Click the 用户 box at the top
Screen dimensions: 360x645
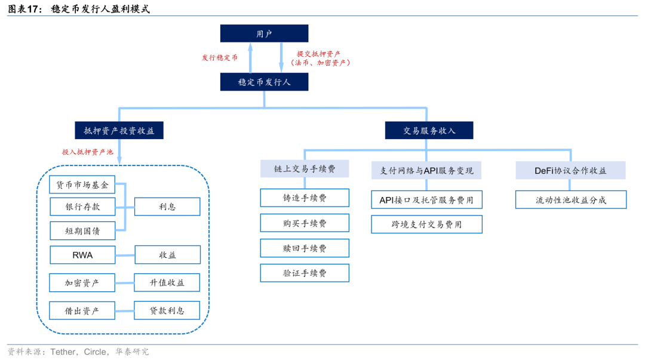click(264, 33)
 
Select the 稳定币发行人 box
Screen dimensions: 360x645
click(264, 82)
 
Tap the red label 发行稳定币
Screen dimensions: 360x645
click(219, 58)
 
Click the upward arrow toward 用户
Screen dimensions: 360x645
click(250, 57)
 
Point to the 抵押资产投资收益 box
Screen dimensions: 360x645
click(119, 130)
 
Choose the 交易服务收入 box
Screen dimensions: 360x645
click(429, 130)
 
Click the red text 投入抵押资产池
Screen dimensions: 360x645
click(87, 152)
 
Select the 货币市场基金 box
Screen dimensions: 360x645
click(82, 185)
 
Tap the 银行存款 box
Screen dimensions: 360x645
click(82, 207)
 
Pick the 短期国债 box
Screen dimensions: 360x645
click(82, 230)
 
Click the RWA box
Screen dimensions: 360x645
click(82, 255)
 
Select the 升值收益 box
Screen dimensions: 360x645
click(167, 282)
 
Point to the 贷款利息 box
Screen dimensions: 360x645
click(167, 310)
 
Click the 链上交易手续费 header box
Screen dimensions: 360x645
click(305, 169)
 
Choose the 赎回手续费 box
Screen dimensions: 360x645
click(305, 248)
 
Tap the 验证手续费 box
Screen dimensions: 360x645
click(305, 273)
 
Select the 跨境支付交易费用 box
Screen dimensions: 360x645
click(426, 224)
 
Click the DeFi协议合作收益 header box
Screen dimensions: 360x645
click(570, 170)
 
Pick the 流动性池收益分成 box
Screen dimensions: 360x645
click(571, 200)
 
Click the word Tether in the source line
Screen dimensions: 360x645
click(63, 352)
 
